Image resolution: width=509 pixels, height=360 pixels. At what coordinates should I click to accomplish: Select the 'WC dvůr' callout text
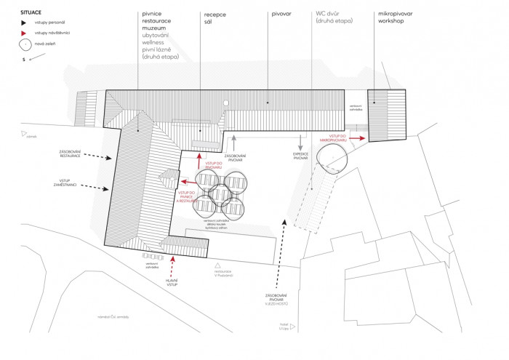click(331, 14)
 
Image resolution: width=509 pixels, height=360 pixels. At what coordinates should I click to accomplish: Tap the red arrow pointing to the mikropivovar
click(357, 137)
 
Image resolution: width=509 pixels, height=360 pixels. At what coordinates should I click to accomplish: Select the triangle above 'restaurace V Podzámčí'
click(217, 264)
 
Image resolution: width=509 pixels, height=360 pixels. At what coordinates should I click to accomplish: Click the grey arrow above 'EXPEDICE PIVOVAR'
click(299, 140)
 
